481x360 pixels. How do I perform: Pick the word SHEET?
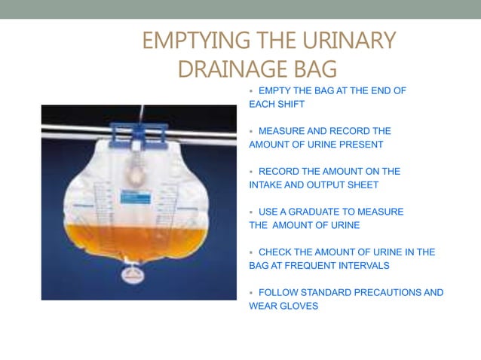point(363,185)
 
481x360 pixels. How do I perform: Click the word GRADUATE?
point(313,212)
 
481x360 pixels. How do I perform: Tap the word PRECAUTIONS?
point(384,292)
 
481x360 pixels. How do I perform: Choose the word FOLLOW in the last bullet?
point(277,292)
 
